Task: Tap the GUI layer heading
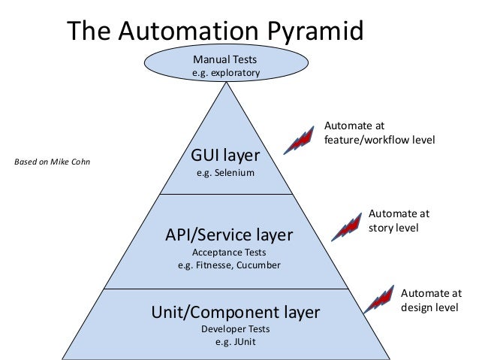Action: pos(226,156)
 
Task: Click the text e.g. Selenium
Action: pos(226,174)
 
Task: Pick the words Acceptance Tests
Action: pos(227,253)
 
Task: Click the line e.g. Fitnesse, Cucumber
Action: pos(227,265)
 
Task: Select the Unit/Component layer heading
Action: pos(236,311)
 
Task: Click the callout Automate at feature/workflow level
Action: pos(379,133)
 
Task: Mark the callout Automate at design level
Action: pos(432,300)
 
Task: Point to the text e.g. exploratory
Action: pos(226,73)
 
